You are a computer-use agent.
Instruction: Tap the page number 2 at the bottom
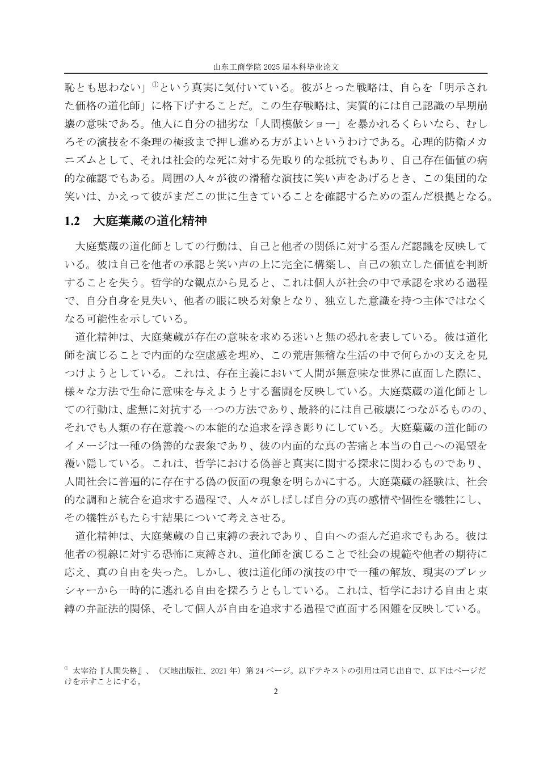coord(275,691)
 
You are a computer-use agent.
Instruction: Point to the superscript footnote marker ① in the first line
coord(154,86)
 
